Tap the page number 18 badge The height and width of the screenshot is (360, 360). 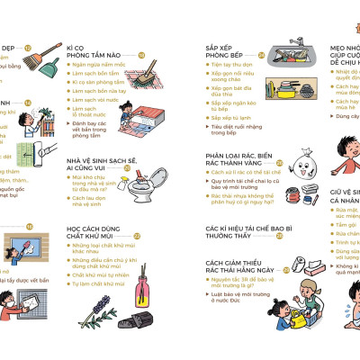pyautogui.click(x=141, y=53)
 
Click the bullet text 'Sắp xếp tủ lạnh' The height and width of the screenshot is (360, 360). pyautogui.click(x=229, y=118)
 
